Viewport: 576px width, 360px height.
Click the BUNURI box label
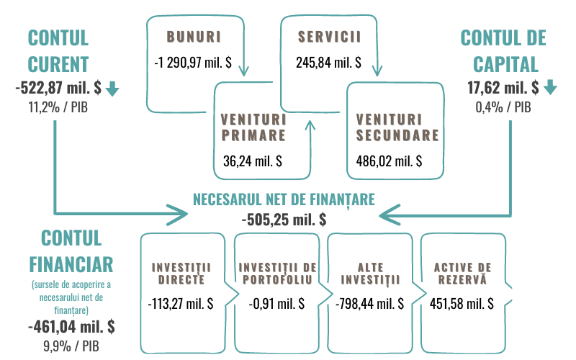pos(192,35)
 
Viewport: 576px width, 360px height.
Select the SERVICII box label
pos(328,35)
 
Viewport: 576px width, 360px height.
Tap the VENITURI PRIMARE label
pos(253,126)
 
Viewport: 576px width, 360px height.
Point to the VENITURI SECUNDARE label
pos(397,126)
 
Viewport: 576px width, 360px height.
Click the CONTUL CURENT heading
pos(58,50)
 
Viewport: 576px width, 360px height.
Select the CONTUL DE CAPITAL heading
pos(503,50)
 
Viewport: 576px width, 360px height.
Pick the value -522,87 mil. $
pos(57,89)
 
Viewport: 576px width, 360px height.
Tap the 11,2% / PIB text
pos(57,108)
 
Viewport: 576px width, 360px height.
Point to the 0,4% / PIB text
pos(503,108)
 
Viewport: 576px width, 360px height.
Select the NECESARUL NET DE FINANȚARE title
pos(284,199)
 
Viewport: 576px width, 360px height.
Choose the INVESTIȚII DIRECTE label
pos(179,273)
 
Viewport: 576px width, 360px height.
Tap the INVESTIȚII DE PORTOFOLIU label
pos(276,273)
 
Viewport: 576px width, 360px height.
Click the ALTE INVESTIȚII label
pos(369,273)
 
